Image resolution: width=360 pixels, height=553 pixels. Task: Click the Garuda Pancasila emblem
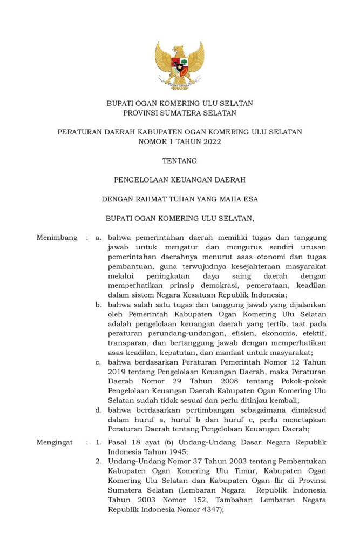pyautogui.click(x=180, y=64)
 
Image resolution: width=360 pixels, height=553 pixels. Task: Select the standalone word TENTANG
pyautogui.click(x=180, y=160)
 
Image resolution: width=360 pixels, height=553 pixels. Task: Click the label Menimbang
pyautogui.click(x=57, y=237)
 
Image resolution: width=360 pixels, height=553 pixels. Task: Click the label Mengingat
pyautogui.click(x=55, y=442)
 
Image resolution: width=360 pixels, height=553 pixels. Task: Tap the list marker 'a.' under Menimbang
pyautogui.click(x=99, y=237)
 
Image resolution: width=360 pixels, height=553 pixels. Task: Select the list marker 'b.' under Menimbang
pyautogui.click(x=99, y=305)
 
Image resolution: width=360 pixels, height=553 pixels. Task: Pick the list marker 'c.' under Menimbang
pyautogui.click(x=99, y=362)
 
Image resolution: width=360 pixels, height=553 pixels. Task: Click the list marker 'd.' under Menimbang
pyautogui.click(x=99, y=410)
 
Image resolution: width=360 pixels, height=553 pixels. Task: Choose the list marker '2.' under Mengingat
pyautogui.click(x=99, y=462)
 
